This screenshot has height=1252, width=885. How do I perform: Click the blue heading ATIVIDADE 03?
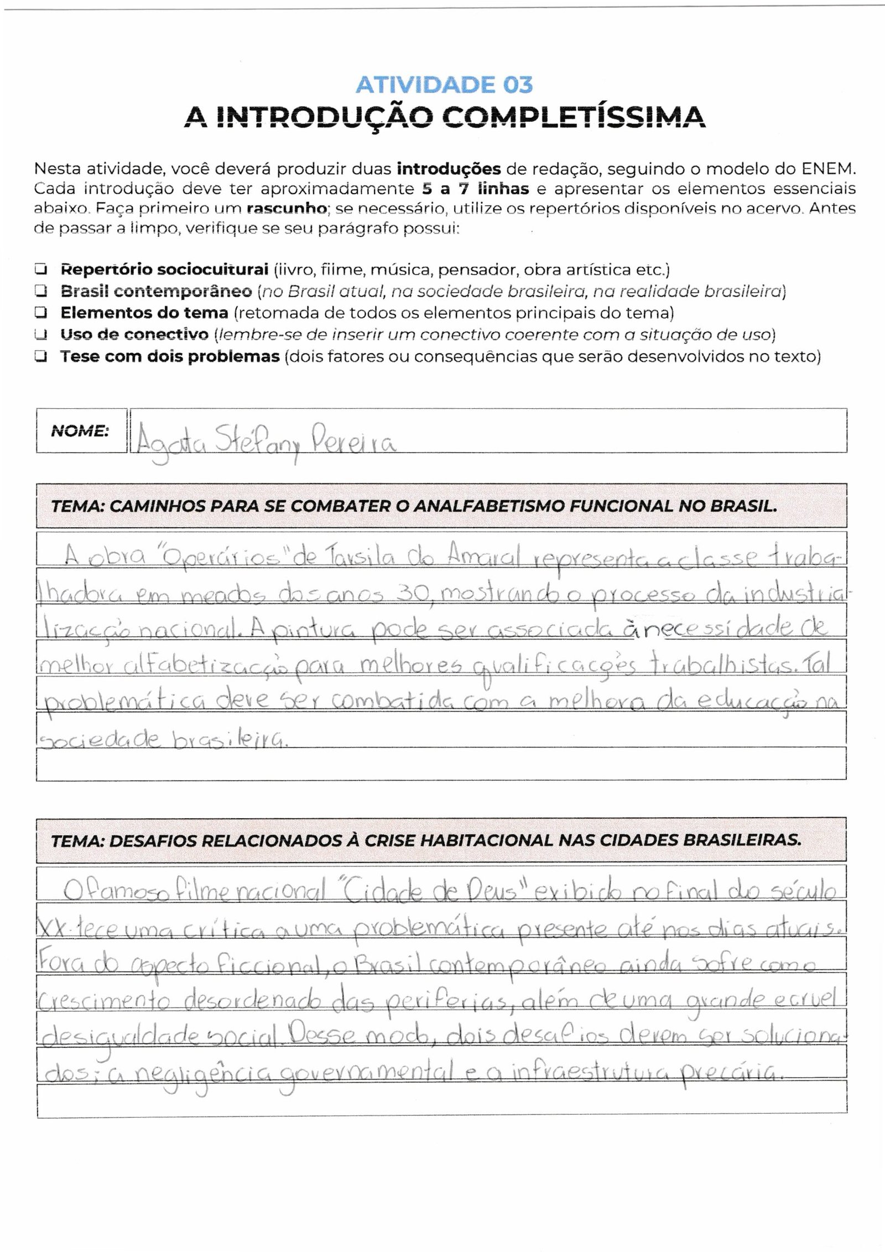click(444, 85)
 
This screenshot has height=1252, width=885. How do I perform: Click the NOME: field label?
click(80, 431)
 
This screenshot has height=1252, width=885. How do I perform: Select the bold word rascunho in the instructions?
click(285, 209)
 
